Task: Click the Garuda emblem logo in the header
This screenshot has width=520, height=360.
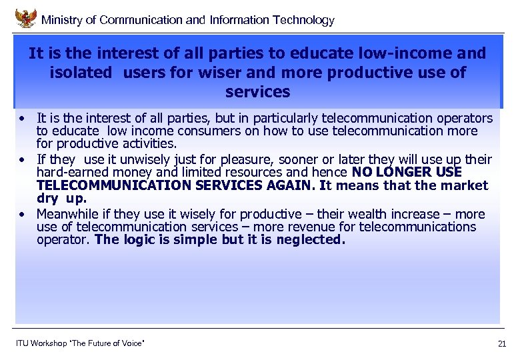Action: click(25, 18)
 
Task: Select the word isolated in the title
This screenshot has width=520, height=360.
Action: click(81, 72)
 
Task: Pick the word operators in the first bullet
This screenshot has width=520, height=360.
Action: click(465, 119)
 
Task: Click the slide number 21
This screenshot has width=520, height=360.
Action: click(502, 344)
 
